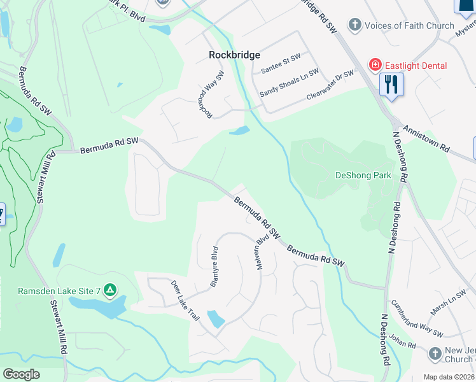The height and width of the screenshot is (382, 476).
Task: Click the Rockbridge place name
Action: [x=234, y=55]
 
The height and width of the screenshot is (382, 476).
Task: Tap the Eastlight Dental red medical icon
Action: [x=375, y=66]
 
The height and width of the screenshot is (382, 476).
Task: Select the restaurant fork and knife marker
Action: [x=391, y=83]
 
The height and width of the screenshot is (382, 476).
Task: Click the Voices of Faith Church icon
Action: [x=354, y=25]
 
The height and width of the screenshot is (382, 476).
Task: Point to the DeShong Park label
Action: [x=363, y=175]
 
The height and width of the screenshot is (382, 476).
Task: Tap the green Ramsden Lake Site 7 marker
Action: [x=110, y=291]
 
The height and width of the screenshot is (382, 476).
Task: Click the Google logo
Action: [x=21, y=374]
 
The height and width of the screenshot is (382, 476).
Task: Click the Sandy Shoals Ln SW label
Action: [x=289, y=83]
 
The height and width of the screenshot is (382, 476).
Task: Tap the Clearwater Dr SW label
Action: [x=329, y=84]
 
